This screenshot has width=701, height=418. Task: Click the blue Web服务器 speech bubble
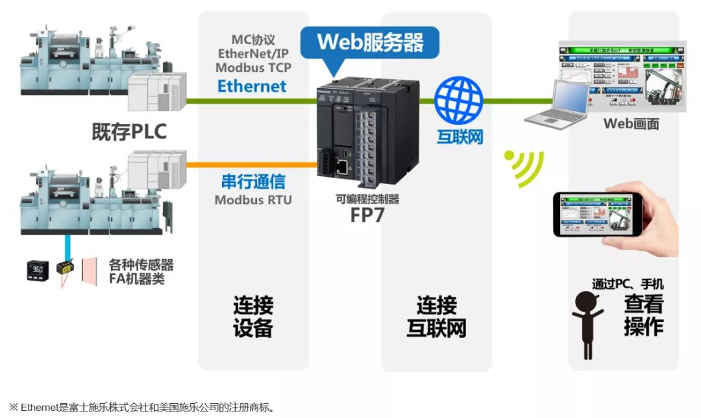click(x=370, y=43)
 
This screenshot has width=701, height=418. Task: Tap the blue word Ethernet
click(x=252, y=86)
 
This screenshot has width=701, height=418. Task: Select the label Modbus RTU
click(x=253, y=200)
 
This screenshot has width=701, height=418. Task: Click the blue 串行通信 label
click(x=253, y=181)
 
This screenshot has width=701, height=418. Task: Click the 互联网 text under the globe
click(x=460, y=137)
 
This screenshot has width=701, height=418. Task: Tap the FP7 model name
click(x=367, y=215)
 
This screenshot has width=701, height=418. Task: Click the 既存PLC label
click(x=129, y=132)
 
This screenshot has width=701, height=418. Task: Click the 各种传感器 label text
click(x=141, y=265)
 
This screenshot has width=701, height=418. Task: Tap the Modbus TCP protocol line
click(x=253, y=67)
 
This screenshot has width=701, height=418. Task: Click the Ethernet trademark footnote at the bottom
click(x=142, y=408)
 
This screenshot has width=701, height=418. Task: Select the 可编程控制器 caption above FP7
click(x=367, y=199)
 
